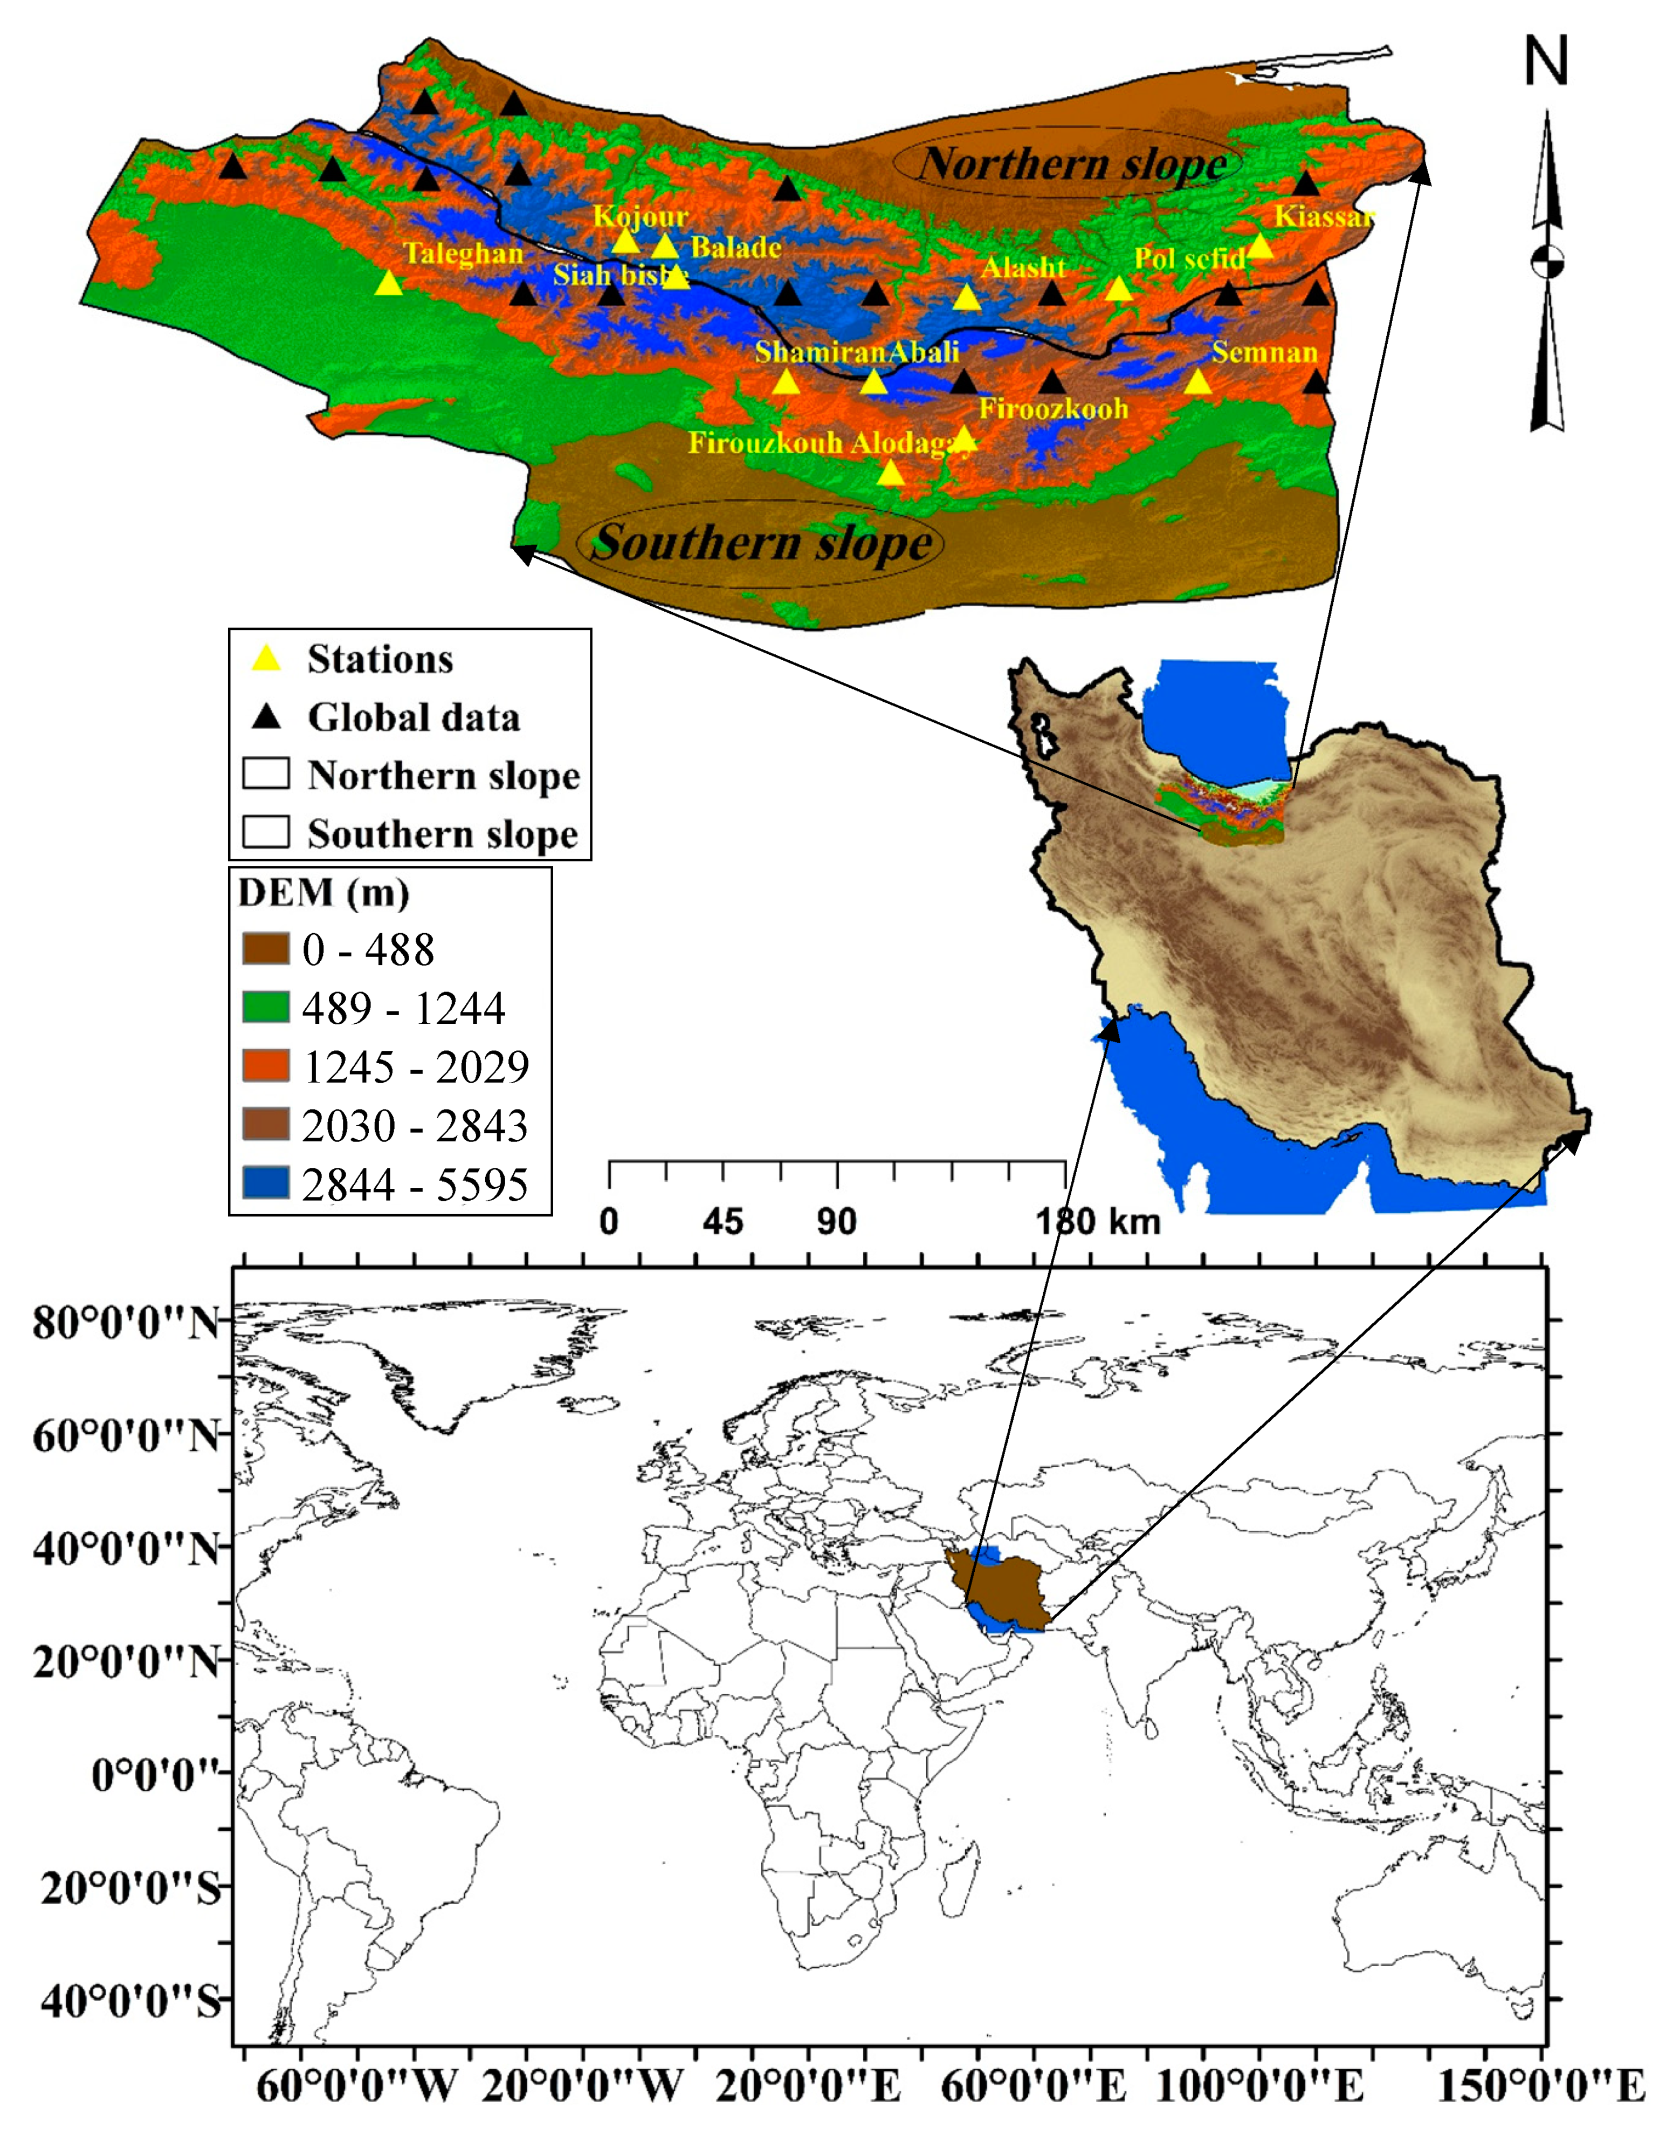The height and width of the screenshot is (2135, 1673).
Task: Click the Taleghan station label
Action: (463, 254)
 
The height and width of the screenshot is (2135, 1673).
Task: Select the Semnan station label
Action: (1264, 352)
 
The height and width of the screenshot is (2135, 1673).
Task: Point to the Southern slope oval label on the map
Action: (762, 542)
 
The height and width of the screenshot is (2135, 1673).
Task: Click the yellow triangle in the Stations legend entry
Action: (266, 659)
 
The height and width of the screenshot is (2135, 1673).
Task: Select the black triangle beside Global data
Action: (266, 717)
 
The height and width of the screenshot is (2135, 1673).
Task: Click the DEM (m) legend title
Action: (323, 893)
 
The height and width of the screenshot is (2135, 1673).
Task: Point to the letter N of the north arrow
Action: (1547, 61)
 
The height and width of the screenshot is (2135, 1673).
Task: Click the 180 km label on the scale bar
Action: (1097, 1222)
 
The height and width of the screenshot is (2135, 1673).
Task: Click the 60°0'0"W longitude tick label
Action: (357, 2088)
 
